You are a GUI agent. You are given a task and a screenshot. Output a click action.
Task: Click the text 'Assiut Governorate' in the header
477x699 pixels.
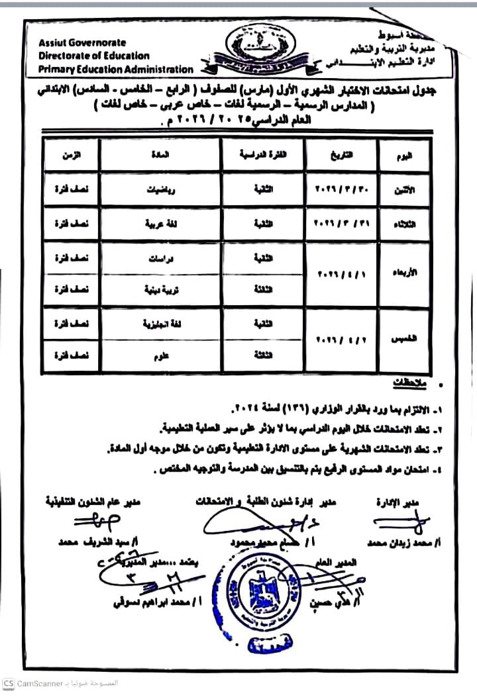(x=77, y=42)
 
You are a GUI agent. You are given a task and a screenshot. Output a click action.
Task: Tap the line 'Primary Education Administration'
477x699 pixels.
(x=116, y=69)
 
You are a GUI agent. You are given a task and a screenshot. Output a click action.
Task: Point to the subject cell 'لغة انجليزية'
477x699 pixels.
(x=159, y=324)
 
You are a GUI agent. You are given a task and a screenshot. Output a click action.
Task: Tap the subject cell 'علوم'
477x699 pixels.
(x=160, y=355)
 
